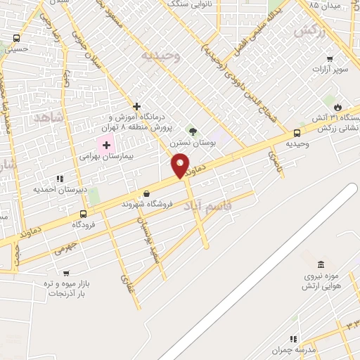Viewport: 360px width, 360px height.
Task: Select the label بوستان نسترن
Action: (193, 142)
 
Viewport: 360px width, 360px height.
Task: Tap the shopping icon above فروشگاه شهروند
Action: (147, 193)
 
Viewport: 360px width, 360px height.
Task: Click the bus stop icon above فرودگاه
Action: (84, 214)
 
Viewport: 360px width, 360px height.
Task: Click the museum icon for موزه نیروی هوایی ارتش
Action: (321, 264)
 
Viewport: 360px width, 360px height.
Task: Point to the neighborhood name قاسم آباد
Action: (204, 206)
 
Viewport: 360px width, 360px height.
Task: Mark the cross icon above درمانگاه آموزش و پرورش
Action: (137, 106)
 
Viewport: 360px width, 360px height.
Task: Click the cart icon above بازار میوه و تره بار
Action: (66, 273)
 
